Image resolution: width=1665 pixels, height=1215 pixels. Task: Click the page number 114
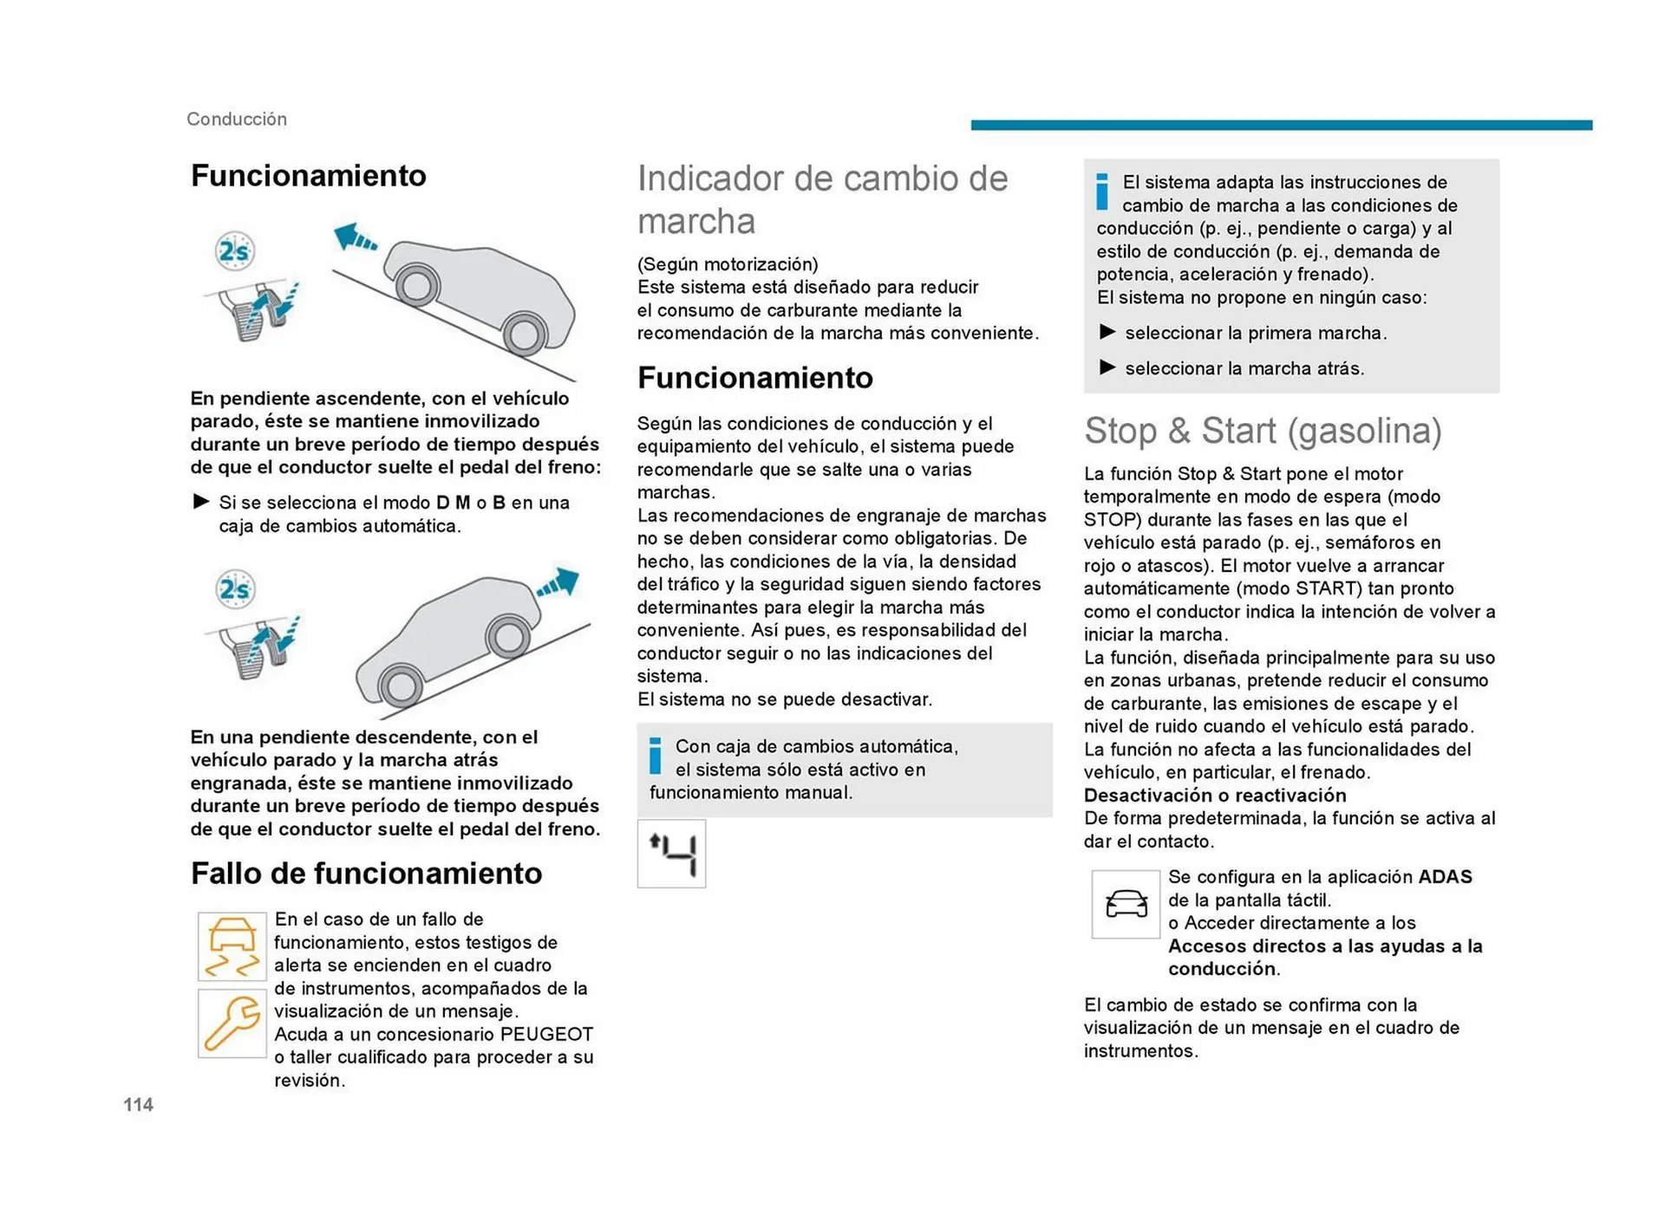click(x=138, y=1104)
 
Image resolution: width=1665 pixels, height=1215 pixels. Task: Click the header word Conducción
click(x=237, y=119)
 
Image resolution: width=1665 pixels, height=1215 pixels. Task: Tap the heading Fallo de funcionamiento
click(x=366, y=873)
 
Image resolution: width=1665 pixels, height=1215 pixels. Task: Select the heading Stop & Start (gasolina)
click(x=1263, y=431)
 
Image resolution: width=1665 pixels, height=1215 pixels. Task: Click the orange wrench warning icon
click(x=232, y=1023)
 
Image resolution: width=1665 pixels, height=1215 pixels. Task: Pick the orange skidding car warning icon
click(x=232, y=946)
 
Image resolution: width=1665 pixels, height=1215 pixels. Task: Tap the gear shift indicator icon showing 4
click(x=671, y=854)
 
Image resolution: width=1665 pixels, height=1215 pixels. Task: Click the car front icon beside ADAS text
click(x=1126, y=904)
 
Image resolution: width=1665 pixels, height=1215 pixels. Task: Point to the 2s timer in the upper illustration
click(x=234, y=251)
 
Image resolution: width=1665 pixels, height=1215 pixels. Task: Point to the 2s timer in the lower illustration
click(x=234, y=589)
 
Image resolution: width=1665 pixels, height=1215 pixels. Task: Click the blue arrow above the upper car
click(x=355, y=237)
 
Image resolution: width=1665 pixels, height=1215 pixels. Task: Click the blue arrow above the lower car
click(x=558, y=582)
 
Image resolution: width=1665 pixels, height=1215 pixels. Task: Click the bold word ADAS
click(x=1445, y=876)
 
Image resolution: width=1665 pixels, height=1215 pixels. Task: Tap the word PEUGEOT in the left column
click(x=546, y=1034)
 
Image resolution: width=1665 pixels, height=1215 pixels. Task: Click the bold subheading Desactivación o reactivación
click(x=1214, y=795)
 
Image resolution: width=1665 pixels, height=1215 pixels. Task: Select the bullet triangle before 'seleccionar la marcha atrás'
click(x=1107, y=367)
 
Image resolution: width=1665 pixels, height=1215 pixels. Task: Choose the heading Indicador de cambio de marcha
click(x=822, y=199)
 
